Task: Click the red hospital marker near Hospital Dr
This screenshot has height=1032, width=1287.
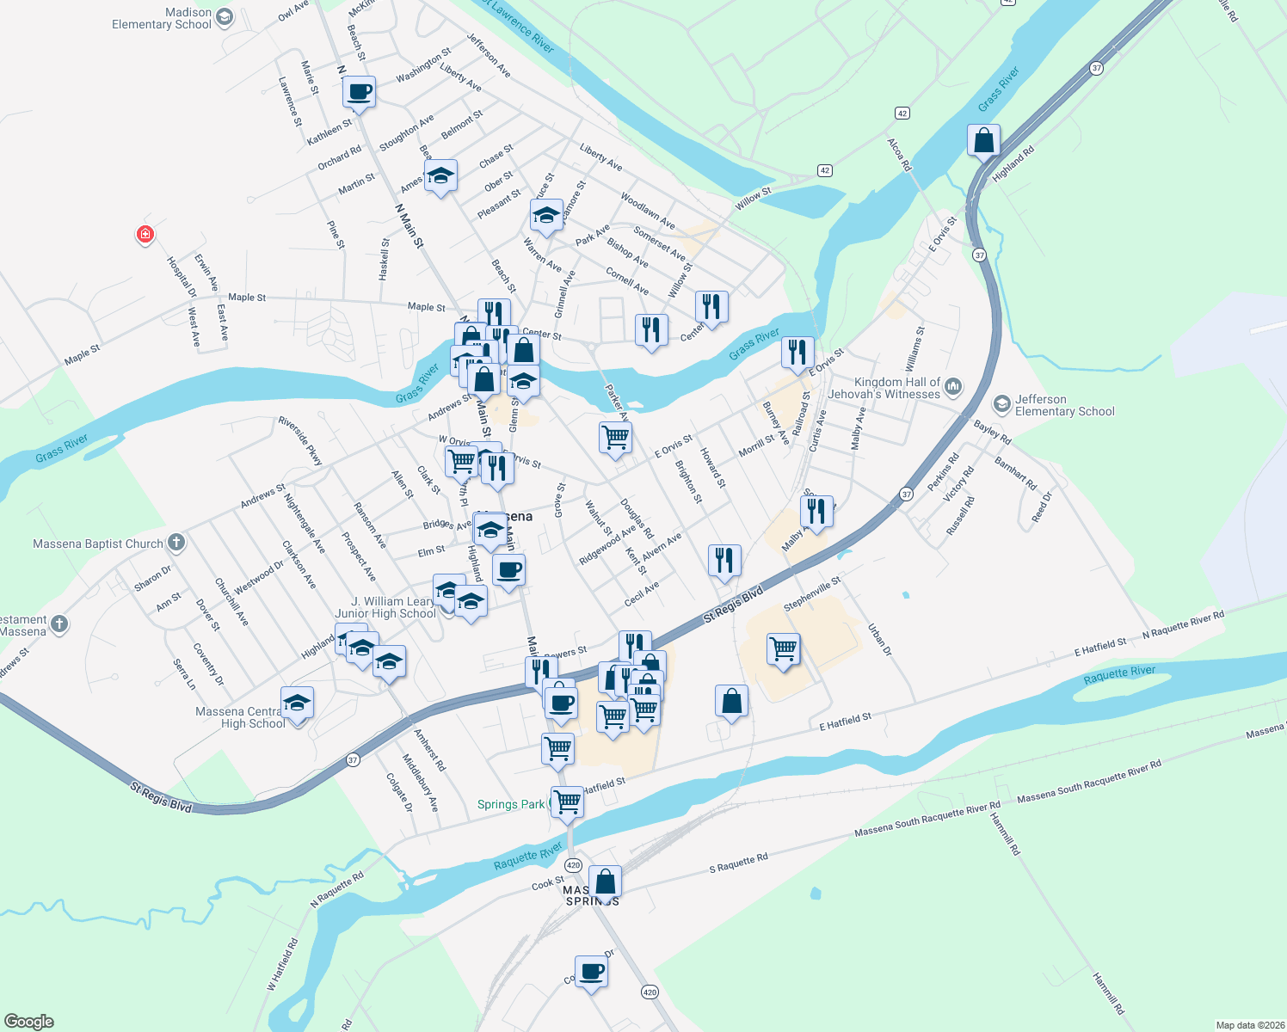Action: click(145, 234)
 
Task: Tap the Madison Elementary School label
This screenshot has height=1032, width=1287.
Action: click(162, 18)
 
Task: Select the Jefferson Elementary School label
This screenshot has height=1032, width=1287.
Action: click(1064, 405)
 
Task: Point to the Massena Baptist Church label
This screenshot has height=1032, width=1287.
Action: click(98, 544)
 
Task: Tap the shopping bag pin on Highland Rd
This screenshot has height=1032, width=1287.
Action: click(983, 140)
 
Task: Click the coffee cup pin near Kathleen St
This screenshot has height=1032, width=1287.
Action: click(359, 91)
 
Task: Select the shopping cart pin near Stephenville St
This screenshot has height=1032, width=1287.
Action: click(783, 648)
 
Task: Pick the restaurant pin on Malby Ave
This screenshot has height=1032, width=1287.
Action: click(816, 511)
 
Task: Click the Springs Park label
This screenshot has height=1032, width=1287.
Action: click(511, 805)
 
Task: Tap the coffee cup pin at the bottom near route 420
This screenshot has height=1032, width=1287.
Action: click(591, 972)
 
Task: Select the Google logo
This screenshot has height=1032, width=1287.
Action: click(29, 1021)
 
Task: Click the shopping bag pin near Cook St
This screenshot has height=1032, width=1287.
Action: click(605, 881)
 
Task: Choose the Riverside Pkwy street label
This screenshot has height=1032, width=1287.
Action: click(300, 440)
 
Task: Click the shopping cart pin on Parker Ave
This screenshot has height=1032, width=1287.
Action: click(615, 438)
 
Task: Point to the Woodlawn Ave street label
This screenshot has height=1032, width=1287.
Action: click(647, 212)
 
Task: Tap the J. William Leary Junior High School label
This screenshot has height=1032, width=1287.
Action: click(386, 607)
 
